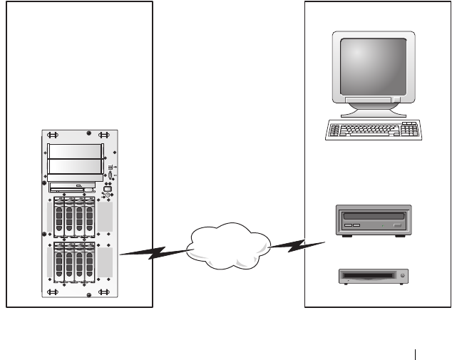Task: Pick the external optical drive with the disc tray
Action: coord(374,220)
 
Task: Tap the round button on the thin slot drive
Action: coord(404,275)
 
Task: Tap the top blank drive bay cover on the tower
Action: coord(74,150)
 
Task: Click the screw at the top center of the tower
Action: coord(87,133)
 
